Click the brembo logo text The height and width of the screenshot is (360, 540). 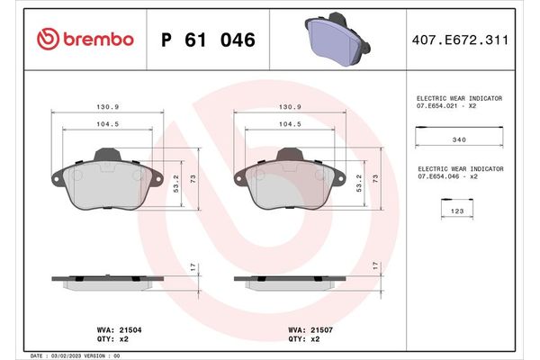tap(96, 40)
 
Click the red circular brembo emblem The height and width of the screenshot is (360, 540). tap(47, 40)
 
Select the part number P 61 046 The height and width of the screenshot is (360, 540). tap(207, 40)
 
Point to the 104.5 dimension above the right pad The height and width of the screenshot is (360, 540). tap(290, 124)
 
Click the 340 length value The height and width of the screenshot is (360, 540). tap(458, 139)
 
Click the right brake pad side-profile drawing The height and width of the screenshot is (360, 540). tap(290, 280)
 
